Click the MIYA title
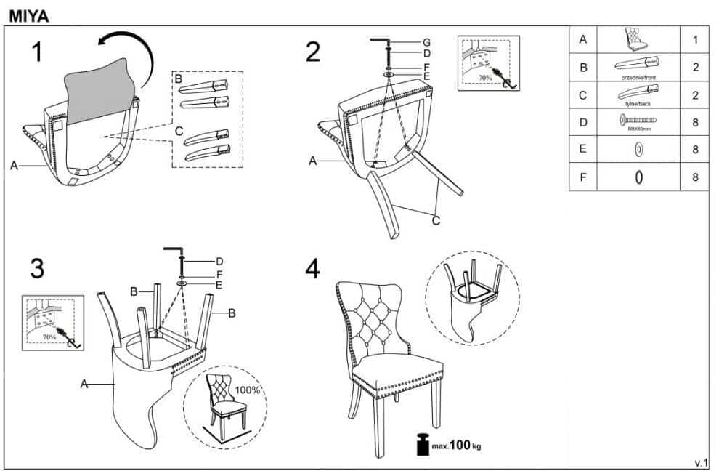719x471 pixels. point(29,14)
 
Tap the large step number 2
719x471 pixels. point(313,52)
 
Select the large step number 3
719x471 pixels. point(36,268)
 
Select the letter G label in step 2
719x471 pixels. point(427,41)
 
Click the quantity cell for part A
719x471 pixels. point(695,40)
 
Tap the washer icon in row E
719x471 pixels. point(638,150)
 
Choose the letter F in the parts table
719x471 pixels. point(582,177)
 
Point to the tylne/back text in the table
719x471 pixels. point(638,103)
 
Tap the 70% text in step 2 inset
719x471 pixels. point(484,77)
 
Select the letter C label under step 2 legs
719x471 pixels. point(436,221)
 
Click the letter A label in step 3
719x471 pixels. point(84,384)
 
